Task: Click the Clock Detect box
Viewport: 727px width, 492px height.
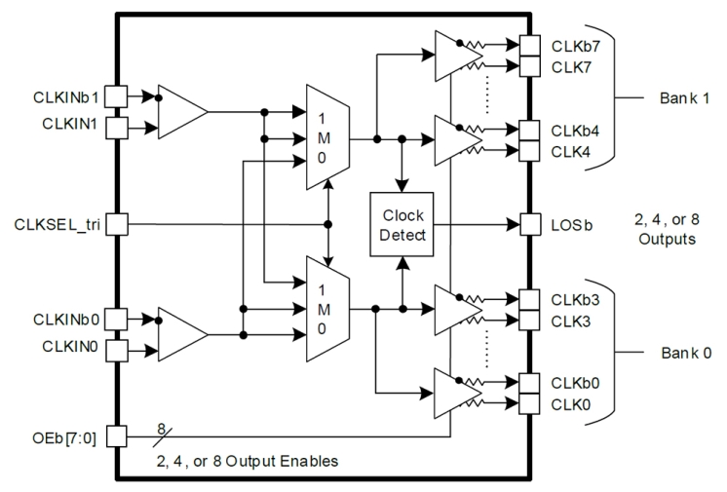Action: click(x=402, y=223)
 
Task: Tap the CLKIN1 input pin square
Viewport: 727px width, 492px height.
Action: click(x=116, y=127)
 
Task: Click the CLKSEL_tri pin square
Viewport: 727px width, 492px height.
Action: click(x=116, y=224)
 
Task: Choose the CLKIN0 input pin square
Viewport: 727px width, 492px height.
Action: click(x=116, y=349)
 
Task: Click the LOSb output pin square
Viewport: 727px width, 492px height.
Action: click(x=529, y=224)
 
